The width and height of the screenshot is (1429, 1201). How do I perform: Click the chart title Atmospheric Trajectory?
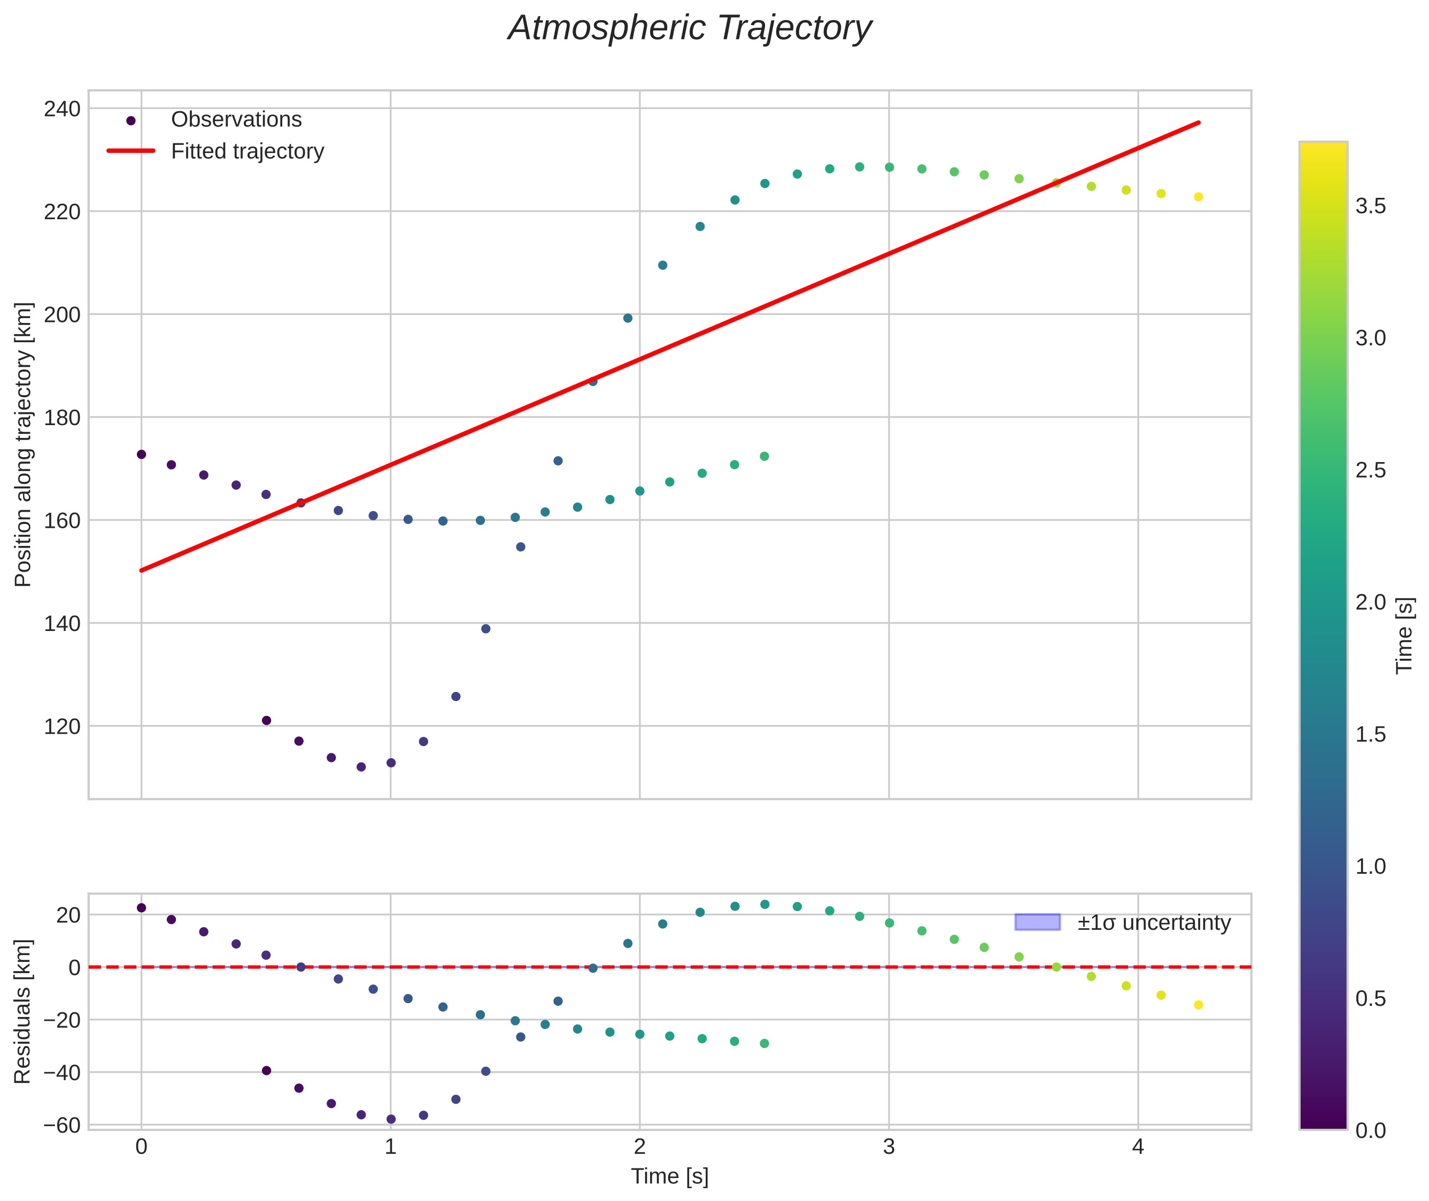[690, 28]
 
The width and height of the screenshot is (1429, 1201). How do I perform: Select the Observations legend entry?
[236, 120]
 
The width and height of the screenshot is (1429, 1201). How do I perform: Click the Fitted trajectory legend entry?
[247, 151]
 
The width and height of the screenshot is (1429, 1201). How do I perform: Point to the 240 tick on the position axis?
[62, 109]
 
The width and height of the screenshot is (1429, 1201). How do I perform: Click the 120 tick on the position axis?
[62, 727]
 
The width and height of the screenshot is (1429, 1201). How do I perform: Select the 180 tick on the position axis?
[62, 417]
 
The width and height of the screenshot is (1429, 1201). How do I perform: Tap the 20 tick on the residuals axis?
[68, 915]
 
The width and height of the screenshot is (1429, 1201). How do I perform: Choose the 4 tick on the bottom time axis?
[1138, 1147]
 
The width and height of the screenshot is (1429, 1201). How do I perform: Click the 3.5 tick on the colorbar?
[1370, 206]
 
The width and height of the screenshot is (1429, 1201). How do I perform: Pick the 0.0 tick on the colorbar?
[1370, 1131]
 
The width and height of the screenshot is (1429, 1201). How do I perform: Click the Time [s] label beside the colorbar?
[1404, 635]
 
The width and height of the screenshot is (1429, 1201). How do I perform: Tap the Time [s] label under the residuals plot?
[669, 1176]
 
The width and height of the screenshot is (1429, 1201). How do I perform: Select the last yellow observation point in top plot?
[1198, 197]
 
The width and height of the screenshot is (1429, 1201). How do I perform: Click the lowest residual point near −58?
[391, 1119]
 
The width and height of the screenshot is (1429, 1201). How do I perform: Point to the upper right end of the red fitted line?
[1198, 123]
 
